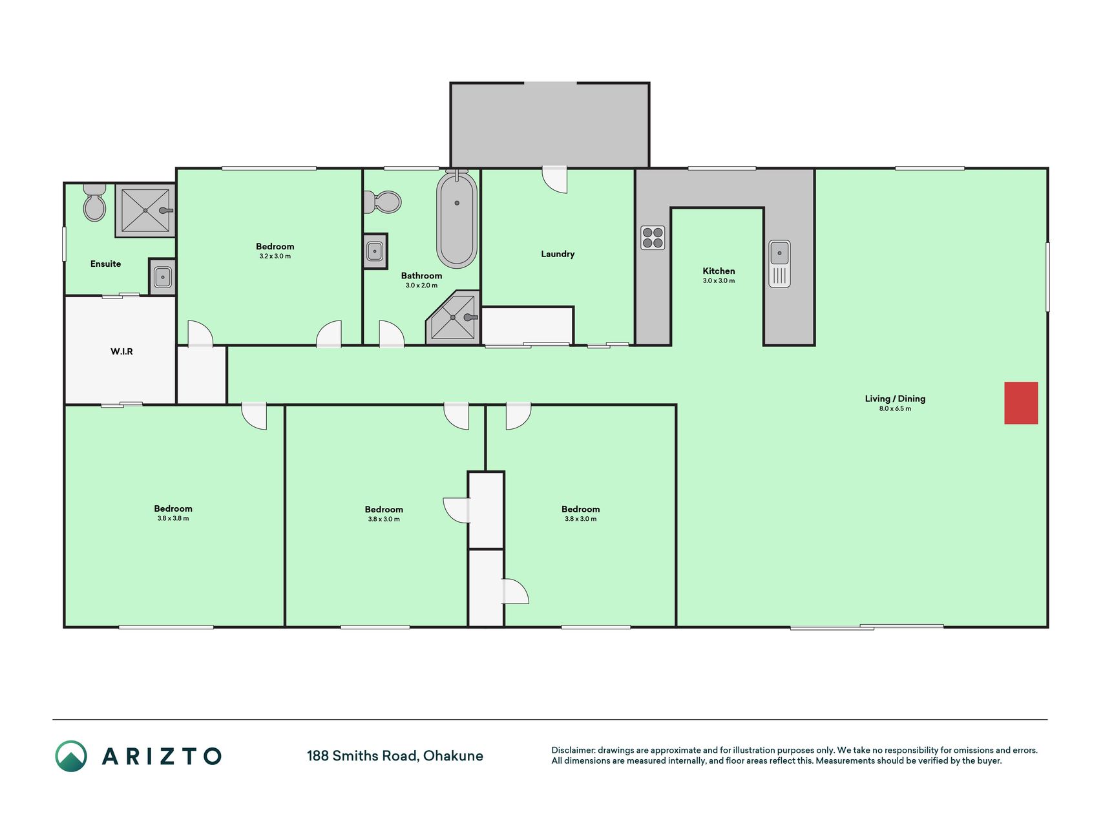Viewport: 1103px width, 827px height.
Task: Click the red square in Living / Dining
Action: [1021, 403]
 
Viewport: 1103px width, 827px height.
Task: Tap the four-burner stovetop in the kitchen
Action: [653, 238]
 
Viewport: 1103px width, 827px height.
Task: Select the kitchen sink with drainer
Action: [779, 264]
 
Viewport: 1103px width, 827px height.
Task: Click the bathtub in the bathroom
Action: [457, 219]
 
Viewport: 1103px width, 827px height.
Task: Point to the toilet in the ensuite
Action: [94, 202]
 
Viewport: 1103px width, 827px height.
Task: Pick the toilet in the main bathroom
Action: [382, 202]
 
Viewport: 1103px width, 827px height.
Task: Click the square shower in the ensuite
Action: [145, 211]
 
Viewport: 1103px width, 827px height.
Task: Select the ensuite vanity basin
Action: [162, 277]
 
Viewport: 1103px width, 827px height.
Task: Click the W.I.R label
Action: [121, 351]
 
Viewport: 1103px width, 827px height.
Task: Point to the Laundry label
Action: [558, 254]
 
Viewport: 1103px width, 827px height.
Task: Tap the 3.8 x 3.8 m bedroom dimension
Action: [173, 518]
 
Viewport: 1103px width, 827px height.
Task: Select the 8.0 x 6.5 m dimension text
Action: [895, 408]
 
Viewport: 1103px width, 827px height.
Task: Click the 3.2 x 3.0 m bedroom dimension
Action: [275, 256]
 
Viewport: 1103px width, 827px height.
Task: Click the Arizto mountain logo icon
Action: [71, 756]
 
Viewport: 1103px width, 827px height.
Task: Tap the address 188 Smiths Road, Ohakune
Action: [395, 756]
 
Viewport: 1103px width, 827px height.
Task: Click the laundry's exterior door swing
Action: [554, 180]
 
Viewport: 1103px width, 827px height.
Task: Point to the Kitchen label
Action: [719, 271]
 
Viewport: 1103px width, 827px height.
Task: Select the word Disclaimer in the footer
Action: [573, 750]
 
